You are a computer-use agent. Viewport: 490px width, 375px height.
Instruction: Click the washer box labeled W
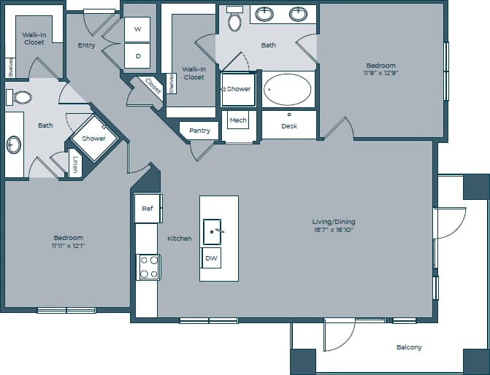tap(137, 29)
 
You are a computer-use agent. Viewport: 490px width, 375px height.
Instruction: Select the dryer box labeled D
tap(137, 55)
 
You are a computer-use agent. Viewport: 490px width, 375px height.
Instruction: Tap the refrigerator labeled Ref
tap(148, 209)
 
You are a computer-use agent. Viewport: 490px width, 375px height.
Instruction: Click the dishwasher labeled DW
tap(212, 258)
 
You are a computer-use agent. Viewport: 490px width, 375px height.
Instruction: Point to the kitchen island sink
tap(213, 232)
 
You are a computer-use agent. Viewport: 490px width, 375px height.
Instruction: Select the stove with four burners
tap(149, 266)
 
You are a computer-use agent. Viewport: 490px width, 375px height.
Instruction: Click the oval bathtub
tap(287, 89)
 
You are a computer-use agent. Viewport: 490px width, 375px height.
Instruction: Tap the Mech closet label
tap(237, 120)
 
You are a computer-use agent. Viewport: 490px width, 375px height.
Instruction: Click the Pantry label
tap(199, 131)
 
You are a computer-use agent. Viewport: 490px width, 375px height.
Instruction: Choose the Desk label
tap(289, 126)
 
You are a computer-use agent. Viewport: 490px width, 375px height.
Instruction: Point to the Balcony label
tap(409, 347)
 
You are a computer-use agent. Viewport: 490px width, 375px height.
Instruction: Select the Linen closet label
tap(75, 164)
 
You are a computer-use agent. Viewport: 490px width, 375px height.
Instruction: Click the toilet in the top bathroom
tap(234, 20)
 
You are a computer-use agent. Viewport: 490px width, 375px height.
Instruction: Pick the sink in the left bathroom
tap(15, 144)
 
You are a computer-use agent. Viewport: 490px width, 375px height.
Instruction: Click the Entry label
tap(86, 45)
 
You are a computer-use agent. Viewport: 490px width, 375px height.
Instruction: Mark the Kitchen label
tap(180, 239)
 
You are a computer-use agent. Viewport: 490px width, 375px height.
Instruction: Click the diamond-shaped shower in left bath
tap(93, 139)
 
